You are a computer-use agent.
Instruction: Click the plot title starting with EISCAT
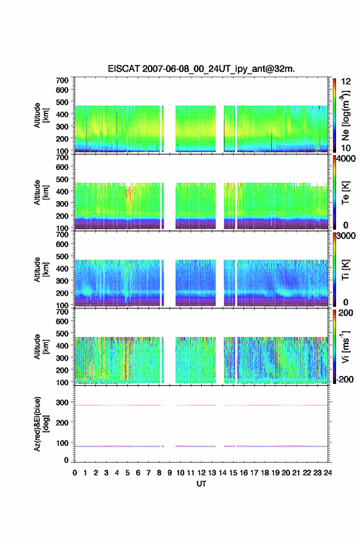click(201, 69)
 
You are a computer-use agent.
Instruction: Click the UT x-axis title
click(201, 484)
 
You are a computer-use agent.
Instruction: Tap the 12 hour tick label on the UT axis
click(202, 473)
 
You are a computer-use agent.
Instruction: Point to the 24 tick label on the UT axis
click(327, 473)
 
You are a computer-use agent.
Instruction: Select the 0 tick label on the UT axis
click(75, 473)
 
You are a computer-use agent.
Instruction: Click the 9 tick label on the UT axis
click(169, 473)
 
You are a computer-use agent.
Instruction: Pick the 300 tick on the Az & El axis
click(62, 402)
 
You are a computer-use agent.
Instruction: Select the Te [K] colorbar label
click(345, 193)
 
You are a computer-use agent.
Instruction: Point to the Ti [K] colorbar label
click(345, 270)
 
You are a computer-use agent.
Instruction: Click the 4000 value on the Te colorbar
click(346, 159)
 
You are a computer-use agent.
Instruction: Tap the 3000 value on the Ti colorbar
click(346, 236)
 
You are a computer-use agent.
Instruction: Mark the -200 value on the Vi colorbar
click(344, 379)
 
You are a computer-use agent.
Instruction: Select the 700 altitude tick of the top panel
click(62, 80)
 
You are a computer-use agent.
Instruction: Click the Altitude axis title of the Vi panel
click(41, 346)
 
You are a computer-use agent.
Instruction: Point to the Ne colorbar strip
click(334, 115)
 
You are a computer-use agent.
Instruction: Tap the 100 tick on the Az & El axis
click(62, 443)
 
